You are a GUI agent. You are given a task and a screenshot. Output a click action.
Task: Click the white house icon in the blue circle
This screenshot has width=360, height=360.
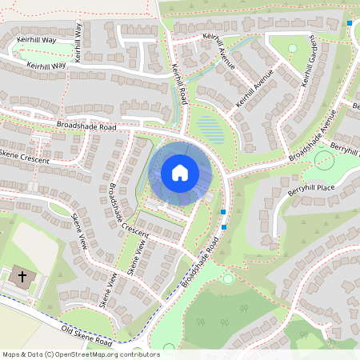coord(180,173)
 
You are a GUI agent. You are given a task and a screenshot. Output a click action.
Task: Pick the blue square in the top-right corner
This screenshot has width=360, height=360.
coord(350,23)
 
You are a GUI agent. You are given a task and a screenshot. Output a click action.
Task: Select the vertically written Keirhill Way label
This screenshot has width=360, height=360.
coord(78,42)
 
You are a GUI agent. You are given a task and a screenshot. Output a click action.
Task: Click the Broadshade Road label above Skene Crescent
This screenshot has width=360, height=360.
coord(86,126)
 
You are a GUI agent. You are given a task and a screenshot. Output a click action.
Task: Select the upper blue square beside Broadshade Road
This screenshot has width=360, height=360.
coord(223,212)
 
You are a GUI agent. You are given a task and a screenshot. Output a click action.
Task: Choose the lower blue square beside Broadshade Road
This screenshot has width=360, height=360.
coord(225,227)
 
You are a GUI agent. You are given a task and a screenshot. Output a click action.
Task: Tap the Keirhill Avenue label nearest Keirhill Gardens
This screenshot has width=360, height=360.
coord(257,95)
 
